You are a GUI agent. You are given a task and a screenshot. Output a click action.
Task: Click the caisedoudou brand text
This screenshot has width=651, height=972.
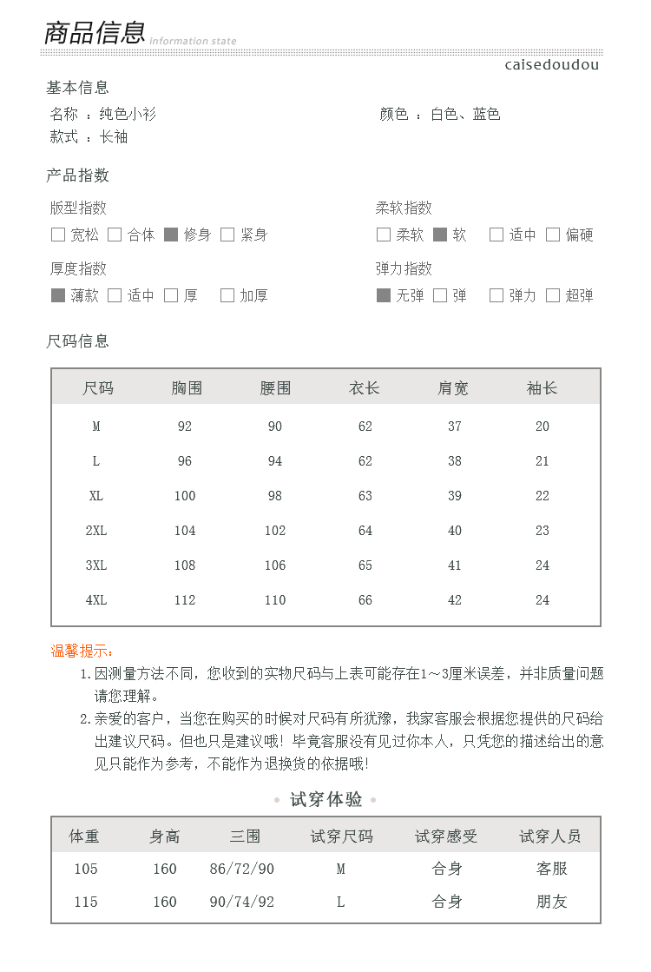551,65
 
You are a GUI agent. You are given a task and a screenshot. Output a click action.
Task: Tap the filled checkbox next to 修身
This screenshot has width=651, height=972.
171,235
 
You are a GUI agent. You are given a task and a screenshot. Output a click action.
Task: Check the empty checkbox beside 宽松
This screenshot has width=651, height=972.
58,235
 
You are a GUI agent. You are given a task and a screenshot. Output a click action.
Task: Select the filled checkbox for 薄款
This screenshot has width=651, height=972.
58,295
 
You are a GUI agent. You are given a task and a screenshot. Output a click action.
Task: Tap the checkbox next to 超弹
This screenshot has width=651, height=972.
553,295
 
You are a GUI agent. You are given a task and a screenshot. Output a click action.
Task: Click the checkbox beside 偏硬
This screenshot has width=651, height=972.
553,235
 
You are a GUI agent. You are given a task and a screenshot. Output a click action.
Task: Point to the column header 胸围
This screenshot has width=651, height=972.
186,388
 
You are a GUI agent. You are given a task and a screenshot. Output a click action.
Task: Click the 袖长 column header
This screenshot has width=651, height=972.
542,388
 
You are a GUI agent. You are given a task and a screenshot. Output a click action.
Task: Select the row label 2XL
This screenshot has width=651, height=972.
96,531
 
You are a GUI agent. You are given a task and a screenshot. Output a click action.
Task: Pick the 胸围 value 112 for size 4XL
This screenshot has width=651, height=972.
185,600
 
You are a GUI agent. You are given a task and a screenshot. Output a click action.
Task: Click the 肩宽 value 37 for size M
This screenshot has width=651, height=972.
455,426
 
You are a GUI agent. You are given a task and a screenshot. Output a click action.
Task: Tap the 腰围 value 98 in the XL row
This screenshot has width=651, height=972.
275,496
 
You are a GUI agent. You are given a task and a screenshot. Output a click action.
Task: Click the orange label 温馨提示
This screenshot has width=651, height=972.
82,651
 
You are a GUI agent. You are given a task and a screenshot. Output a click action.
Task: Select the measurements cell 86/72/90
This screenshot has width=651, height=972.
242,869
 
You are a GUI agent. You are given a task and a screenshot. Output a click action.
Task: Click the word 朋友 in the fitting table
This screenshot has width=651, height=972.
551,902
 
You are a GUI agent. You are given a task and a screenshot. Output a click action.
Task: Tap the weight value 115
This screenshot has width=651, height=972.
86,902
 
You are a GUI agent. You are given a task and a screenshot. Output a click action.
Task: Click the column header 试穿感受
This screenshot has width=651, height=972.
446,836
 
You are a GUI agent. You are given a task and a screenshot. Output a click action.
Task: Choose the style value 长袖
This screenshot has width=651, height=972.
114,137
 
